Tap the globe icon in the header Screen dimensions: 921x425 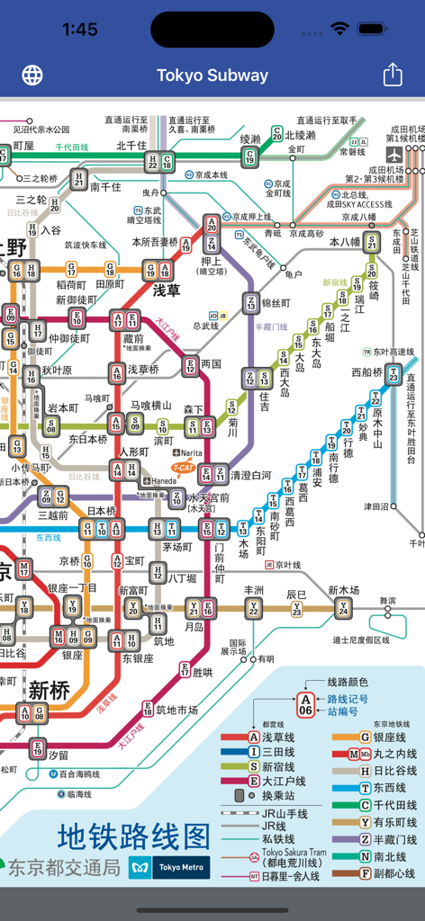coord(32,75)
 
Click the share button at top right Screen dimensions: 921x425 coord(393,75)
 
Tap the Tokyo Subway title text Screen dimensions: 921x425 coord(212,76)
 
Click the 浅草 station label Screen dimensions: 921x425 coord(166,291)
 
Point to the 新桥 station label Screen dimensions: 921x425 coord(49,690)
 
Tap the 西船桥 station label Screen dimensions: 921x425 coord(367,371)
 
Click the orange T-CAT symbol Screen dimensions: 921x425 coord(184,467)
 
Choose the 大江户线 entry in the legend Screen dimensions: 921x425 coord(283,782)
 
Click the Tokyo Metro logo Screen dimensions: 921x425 coord(169,867)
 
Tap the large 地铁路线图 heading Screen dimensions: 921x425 coord(134,836)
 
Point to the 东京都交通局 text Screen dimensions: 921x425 coord(63,868)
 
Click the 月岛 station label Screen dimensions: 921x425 coord(194,626)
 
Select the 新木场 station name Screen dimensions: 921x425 coord(343,590)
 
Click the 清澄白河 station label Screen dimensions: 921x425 coord(250,475)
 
